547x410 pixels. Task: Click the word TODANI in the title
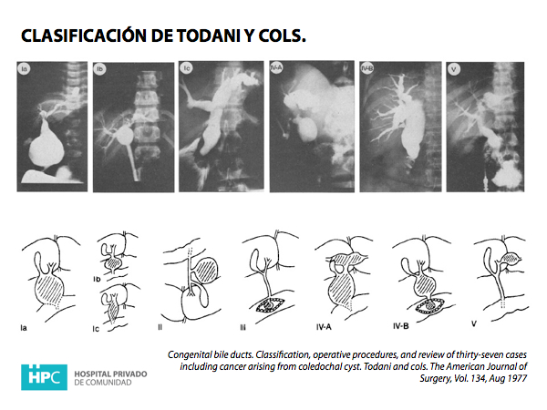208,36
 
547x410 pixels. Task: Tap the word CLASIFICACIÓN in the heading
84,35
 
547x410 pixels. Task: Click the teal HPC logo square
44,377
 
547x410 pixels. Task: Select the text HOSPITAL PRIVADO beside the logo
110,374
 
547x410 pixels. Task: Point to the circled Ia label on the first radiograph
24,68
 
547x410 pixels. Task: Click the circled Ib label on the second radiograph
99,69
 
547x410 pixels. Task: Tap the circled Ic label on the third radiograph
186,68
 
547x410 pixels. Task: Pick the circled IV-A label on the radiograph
276,67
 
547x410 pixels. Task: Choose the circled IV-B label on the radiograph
367,68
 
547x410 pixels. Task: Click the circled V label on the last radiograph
453,69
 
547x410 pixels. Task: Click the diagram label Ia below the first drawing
24,328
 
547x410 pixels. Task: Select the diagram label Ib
97,279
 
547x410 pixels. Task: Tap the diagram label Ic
96,329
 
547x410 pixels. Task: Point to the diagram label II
160,327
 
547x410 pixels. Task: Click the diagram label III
243,327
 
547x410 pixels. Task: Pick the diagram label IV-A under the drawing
324,327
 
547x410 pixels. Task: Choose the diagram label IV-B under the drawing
400,326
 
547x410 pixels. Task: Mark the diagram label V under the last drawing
473,323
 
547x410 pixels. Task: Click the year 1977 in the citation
517,378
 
